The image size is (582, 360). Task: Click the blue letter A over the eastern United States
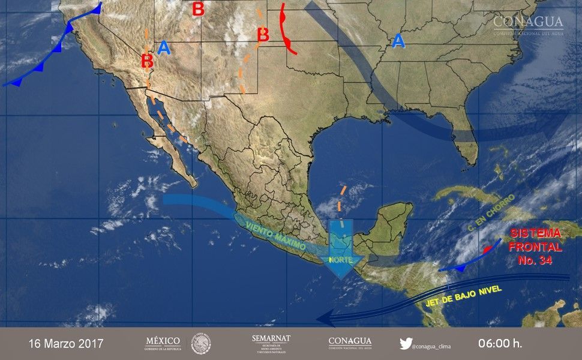click(x=397, y=41)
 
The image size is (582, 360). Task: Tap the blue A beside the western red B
click(x=164, y=48)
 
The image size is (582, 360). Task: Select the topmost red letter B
click(x=197, y=9)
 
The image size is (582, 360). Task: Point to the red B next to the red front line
click(x=262, y=35)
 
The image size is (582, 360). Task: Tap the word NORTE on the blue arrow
click(x=340, y=260)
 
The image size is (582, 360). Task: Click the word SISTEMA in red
click(x=535, y=233)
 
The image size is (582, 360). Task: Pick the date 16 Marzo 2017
click(x=66, y=344)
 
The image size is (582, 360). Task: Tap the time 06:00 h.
click(x=500, y=344)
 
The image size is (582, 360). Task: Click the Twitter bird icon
click(x=406, y=344)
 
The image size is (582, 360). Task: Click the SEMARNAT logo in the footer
click(x=271, y=343)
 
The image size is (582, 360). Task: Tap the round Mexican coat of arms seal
click(x=201, y=344)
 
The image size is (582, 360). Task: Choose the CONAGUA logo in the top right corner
click(x=528, y=25)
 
